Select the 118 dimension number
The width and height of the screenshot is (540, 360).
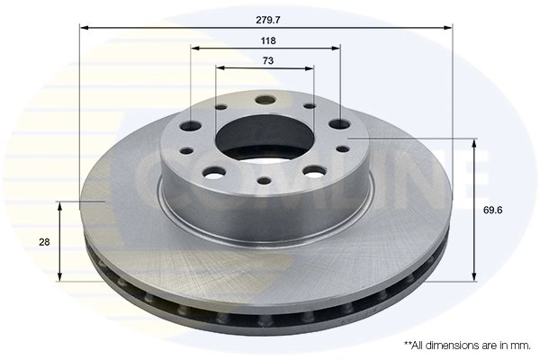click(267, 41)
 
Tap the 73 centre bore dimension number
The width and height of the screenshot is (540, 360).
click(267, 60)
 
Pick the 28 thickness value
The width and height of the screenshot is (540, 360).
click(42, 242)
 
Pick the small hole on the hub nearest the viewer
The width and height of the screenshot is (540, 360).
click(263, 181)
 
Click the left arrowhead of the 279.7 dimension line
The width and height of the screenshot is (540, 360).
click(83, 28)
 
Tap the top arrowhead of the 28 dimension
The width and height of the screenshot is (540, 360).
click(59, 206)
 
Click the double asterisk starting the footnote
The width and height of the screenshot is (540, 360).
click(408, 344)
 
